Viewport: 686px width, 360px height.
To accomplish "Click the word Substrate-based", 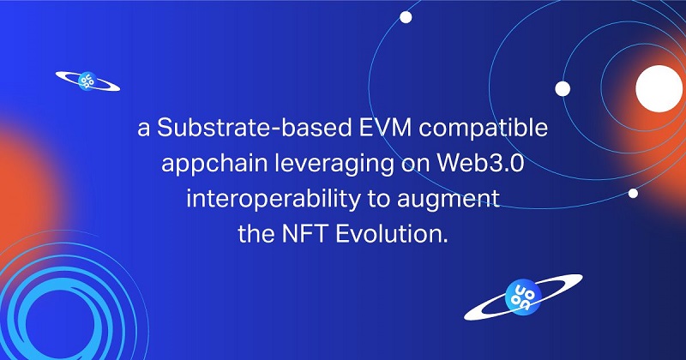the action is [x=255, y=128].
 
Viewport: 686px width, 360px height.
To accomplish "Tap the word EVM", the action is [x=385, y=128].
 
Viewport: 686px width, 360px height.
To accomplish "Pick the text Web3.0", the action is [x=480, y=163].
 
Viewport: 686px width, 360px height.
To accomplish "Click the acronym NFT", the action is [x=304, y=234].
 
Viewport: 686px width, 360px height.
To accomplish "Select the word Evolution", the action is [x=392, y=234].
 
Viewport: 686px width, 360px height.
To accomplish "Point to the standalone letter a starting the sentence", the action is [x=143, y=129].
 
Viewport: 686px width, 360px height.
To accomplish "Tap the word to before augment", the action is [x=378, y=200].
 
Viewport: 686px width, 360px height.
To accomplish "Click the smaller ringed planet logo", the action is [x=87, y=81].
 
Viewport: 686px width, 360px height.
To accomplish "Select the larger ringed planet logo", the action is [x=523, y=297].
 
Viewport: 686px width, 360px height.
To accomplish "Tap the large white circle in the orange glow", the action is [x=659, y=89].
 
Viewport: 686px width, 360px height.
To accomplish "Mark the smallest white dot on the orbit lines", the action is [x=633, y=194].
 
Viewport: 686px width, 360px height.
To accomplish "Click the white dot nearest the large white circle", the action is [x=563, y=89].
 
